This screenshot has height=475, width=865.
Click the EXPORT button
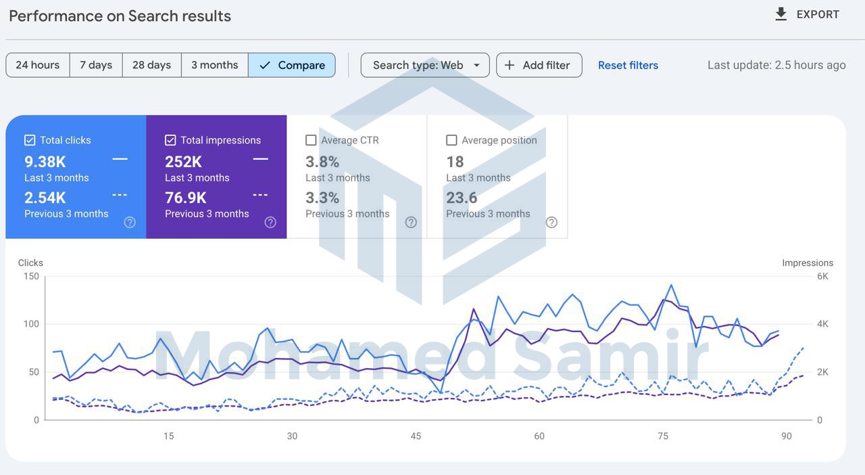tap(807, 14)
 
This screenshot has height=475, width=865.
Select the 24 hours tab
tap(38, 65)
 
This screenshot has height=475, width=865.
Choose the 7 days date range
tap(96, 65)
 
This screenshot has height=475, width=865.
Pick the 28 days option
tap(151, 65)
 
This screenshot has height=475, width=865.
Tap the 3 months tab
tap(214, 65)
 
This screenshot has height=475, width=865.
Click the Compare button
tap(292, 65)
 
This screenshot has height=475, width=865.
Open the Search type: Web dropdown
tap(425, 65)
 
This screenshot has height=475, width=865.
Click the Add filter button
tap(539, 65)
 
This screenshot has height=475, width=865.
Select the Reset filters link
tap(628, 65)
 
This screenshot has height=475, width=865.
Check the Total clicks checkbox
tap(30, 140)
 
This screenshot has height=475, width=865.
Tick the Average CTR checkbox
tap(311, 140)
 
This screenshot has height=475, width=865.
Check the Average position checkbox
tap(451, 140)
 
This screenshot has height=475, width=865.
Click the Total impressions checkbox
tap(170, 140)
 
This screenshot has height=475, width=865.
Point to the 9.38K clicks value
tap(45, 162)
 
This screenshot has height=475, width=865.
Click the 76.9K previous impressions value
tap(186, 198)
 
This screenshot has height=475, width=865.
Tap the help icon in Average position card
tap(551, 222)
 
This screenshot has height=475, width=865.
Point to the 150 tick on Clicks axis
tap(31, 276)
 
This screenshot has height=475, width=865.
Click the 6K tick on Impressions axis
tap(822, 276)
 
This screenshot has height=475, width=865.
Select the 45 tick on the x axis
tap(416, 436)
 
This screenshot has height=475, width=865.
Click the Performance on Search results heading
tap(120, 16)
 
